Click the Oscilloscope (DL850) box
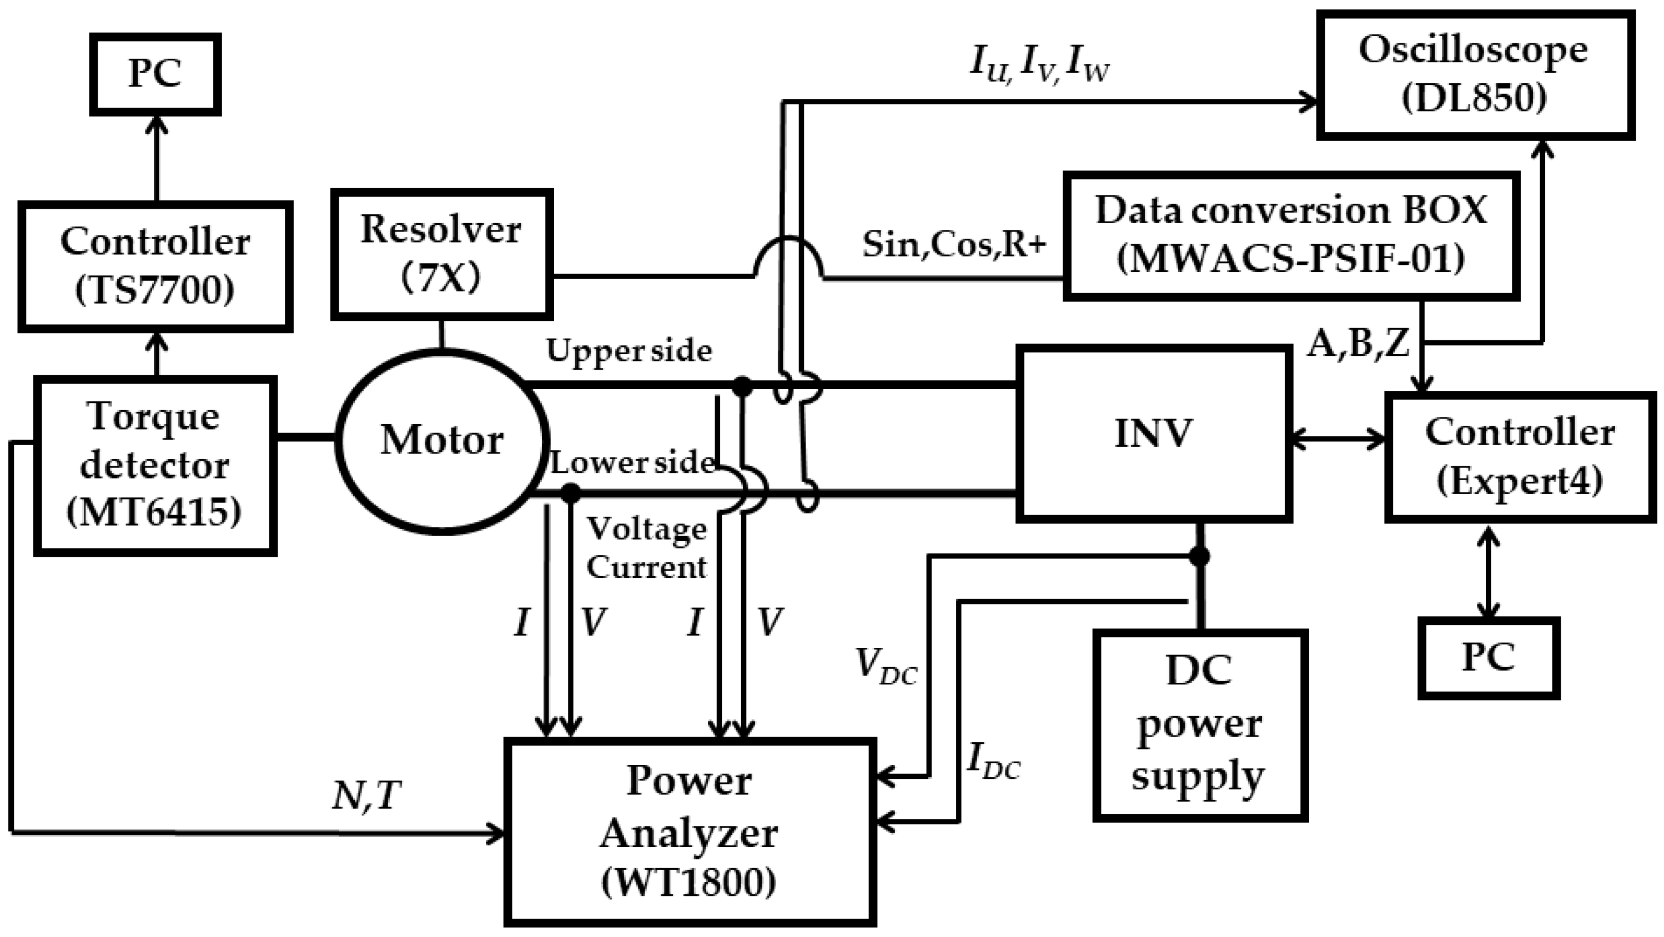1475,75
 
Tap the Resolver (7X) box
442,254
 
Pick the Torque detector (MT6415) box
155,466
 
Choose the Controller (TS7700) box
155,266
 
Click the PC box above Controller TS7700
155,74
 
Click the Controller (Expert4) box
1520,456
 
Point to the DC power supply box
1199,724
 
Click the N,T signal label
366,795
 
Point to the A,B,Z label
1359,344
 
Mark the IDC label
993,760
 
